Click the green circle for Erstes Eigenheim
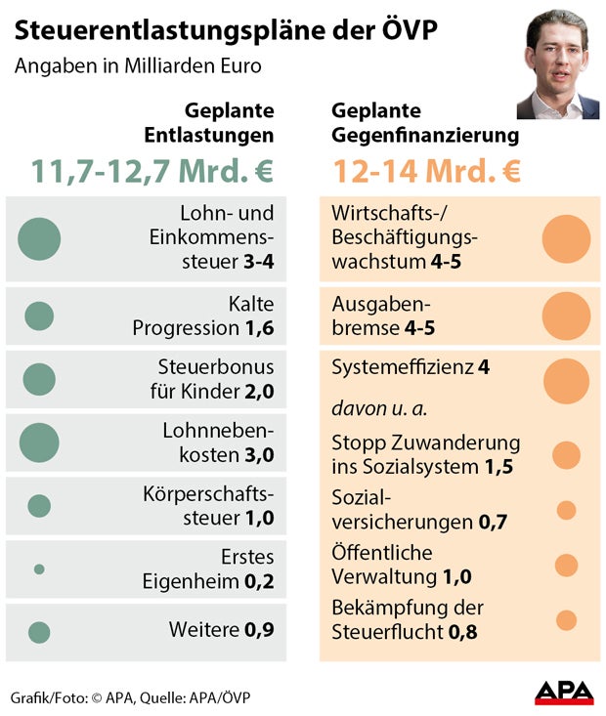pos(39,569)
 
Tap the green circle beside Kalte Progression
pos(39,316)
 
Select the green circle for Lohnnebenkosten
pos(39,442)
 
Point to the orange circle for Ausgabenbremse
pos(566,316)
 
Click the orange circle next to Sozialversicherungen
pos(566,510)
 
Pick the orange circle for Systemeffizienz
pos(566,381)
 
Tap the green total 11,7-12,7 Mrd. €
pos(151,171)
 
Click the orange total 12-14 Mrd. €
pos(426,171)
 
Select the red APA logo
pos(563,693)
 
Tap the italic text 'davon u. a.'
pos(379,405)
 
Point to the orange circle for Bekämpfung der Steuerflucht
pos(566,619)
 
